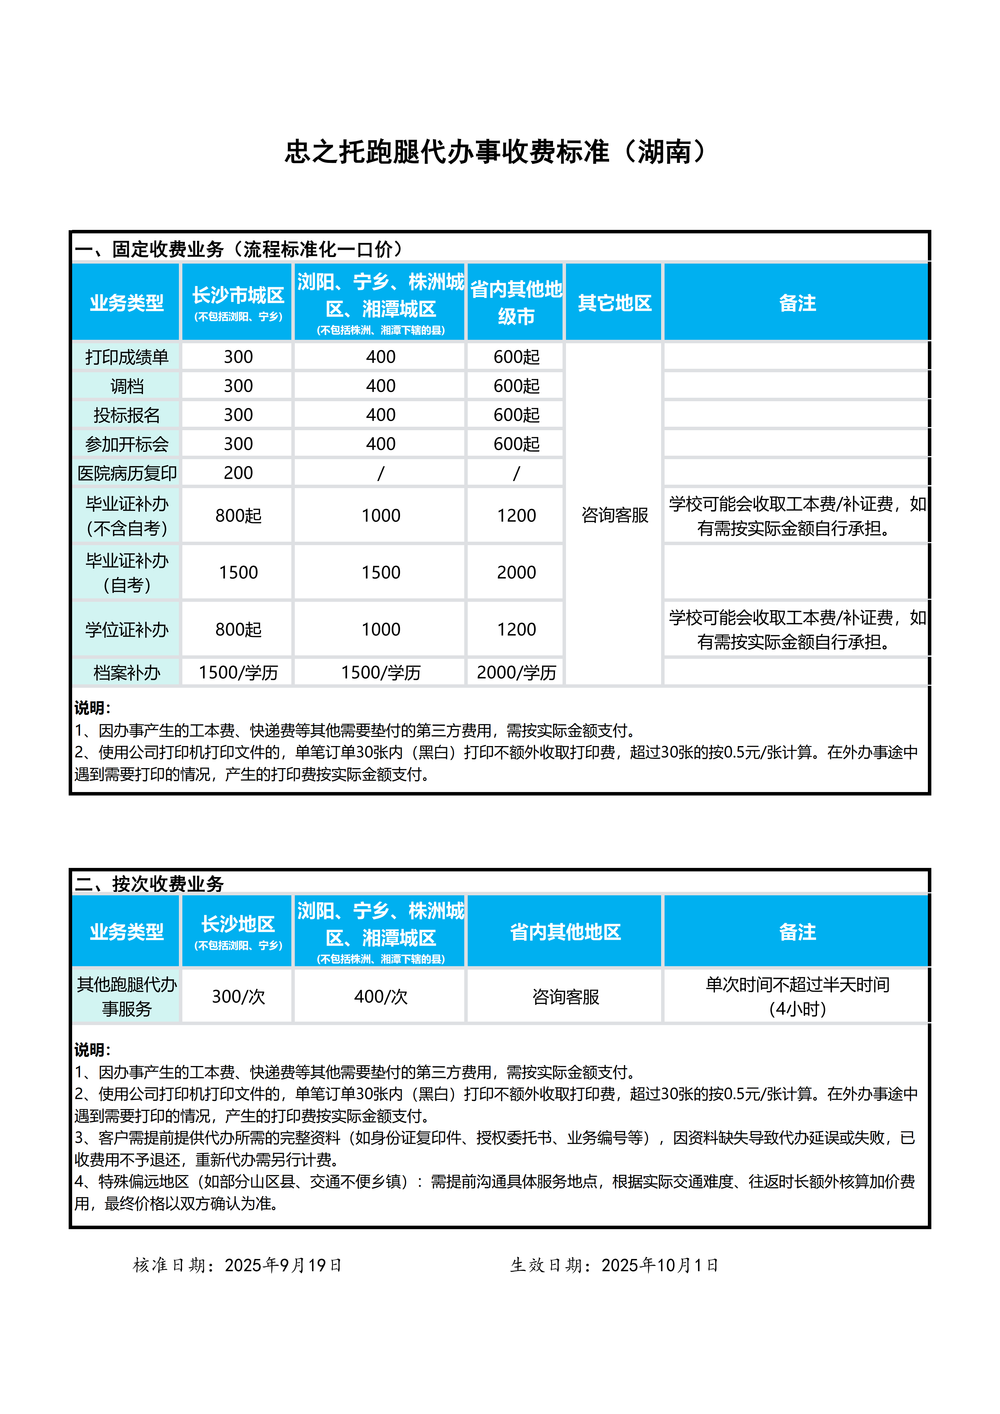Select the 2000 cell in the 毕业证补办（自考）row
516,572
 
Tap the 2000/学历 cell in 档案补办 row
516,672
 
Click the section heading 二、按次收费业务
149,884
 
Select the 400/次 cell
380,996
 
